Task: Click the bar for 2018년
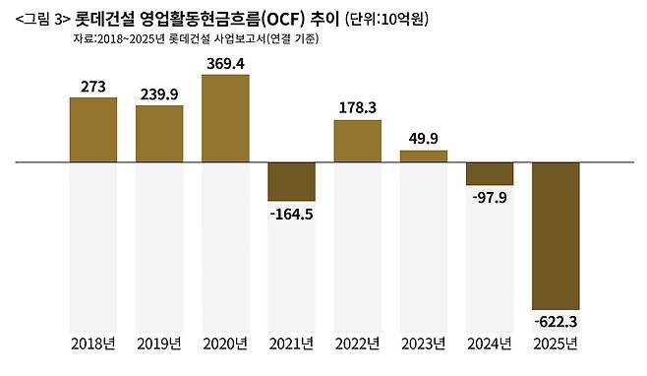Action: (x=93, y=130)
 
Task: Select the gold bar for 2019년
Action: (x=159, y=134)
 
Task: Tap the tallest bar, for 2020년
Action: (x=225, y=118)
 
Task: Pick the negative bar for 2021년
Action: (x=291, y=182)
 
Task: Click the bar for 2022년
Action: (x=357, y=141)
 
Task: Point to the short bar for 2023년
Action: (x=424, y=157)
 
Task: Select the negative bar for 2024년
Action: (x=490, y=174)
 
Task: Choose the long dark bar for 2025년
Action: (x=556, y=236)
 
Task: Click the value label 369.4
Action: (x=225, y=64)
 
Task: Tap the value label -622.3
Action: (x=556, y=322)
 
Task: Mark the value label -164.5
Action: (x=291, y=215)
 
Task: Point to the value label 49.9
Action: (x=424, y=139)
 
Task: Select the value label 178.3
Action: (x=357, y=108)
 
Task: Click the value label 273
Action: (x=93, y=87)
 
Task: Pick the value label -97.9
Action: (x=490, y=198)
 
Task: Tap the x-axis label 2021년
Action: (x=291, y=344)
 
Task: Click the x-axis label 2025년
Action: (x=556, y=344)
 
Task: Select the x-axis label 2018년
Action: (x=93, y=344)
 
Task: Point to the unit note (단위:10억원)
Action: (x=386, y=19)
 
